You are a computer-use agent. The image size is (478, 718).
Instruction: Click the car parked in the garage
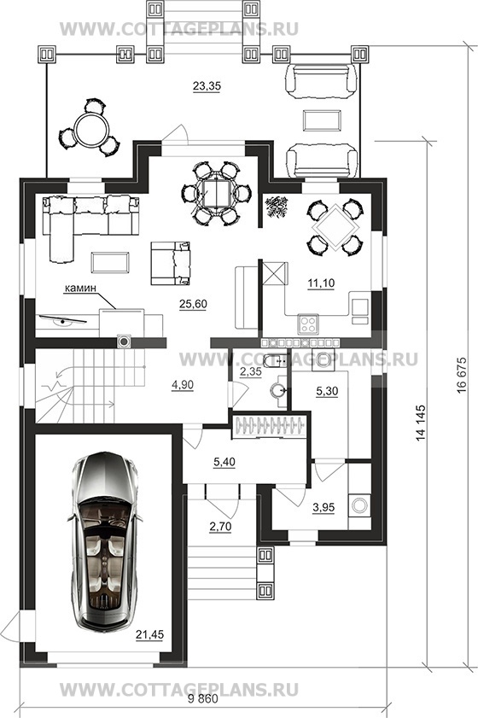(104, 543)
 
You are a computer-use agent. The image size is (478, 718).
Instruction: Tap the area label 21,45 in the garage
(149, 634)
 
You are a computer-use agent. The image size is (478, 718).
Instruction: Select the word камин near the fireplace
(80, 288)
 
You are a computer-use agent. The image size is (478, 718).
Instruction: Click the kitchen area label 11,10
(321, 283)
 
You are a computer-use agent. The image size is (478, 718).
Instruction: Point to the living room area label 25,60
(194, 304)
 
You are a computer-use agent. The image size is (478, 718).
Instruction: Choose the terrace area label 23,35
(207, 85)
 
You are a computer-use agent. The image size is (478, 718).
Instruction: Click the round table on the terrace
(90, 129)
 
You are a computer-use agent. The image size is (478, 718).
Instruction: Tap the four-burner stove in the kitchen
(308, 324)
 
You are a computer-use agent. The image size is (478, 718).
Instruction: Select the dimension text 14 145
(421, 423)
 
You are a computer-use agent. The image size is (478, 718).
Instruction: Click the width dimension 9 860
(203, 699)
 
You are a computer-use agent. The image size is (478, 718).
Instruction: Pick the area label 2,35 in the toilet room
(251, 371)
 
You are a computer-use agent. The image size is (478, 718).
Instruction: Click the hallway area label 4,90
(182, 386)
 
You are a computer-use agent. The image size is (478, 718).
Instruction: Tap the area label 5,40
(224, 462)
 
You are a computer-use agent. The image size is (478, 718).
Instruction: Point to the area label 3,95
(324, 507)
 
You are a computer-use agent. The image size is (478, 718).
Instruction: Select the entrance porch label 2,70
(220, 527)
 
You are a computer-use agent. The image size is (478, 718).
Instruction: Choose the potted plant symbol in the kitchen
(277, 205)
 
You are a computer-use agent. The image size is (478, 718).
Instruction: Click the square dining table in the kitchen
(336, 227)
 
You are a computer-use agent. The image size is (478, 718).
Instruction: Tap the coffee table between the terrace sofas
(322, 120)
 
